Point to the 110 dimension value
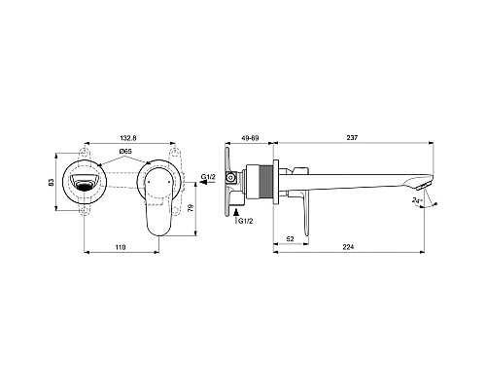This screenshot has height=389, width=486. pos(121,246)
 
